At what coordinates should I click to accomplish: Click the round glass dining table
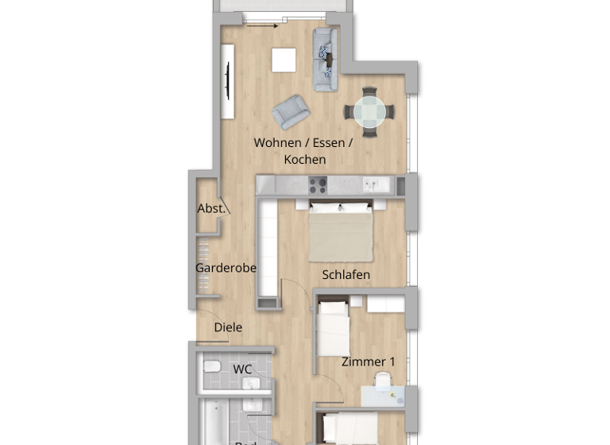click(x=366, y=112)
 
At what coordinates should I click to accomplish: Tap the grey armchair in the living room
click(x=291, y=111)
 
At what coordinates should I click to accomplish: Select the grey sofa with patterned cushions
click(x=326, y=59)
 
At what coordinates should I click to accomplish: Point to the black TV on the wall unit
click(x=229, y=81)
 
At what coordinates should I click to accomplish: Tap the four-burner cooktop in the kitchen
click(x=318, y=185)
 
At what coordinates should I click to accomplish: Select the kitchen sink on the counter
click(x=373, y=185)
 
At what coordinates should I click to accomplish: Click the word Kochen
click(x=305, y=159)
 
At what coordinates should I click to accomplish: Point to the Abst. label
click(x=211, y=209)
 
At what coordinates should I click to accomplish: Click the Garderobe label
click(x=226, y=268)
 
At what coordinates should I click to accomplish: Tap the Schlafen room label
click(x=346, y=275)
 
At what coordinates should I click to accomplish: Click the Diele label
click(x=228, y=327)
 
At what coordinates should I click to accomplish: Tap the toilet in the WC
click(x=210, y=368)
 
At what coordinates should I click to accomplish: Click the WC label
click(x=243, y=370)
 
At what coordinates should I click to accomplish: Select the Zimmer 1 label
click(x=368, y=362)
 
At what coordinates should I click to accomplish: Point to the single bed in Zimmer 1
click(x=332, y=327)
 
